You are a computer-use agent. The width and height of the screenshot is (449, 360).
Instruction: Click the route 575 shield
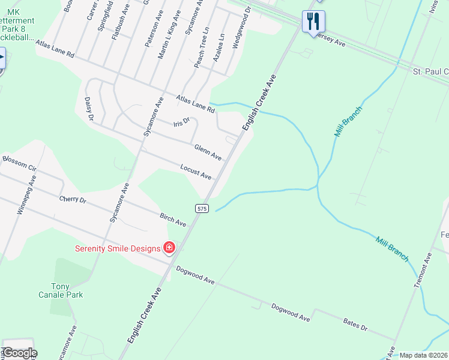pyautogui.click(x=202, y=208)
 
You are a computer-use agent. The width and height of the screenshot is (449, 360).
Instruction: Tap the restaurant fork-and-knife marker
pyautogui.click(x=313, y=22)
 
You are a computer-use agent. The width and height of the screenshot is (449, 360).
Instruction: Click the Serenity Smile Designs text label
pyautogui.click(x=118, y=248)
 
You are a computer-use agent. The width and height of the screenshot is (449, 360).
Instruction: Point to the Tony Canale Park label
pyautogui.click(x=67, y=290)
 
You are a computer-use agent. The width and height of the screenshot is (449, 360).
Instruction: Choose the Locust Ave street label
pyautogui.click(x=196, y=172)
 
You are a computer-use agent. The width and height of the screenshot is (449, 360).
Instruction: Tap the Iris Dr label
pyautogui.click(x=181, y=122)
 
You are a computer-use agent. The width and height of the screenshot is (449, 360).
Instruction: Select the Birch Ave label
pyautogui.click(x=173, y=220)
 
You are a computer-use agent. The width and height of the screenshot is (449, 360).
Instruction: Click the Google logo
pyautogui.click(x=19, y=353)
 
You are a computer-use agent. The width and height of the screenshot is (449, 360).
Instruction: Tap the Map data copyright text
pyautogui.click(x=423, y=355)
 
